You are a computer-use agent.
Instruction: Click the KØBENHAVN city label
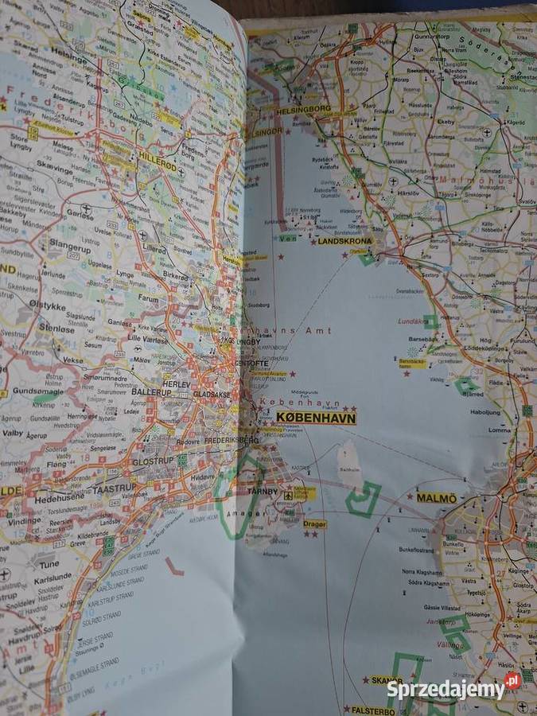pos(316,418)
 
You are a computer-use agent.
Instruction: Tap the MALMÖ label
pos(437,498)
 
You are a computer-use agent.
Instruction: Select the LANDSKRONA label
pos(344,240)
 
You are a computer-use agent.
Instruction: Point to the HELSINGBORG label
pos(305,108)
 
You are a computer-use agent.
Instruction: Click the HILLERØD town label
pos(157,158)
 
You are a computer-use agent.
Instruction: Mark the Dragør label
pos(314,524)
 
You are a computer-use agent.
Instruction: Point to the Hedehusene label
pos(60,499)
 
